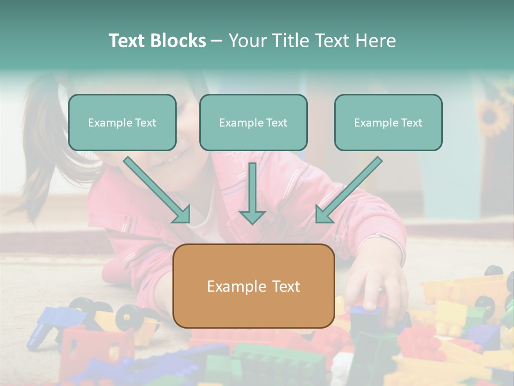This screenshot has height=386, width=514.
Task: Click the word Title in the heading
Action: [x=291, y=41]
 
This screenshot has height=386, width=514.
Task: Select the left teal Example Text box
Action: [x=122, y=123]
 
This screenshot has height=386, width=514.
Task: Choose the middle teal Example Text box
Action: [x=253, y=123]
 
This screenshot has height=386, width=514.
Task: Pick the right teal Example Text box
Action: [x=388, y=123]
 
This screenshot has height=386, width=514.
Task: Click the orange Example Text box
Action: [x=253, y=286]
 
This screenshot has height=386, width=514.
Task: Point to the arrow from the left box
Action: [x=156, y=189]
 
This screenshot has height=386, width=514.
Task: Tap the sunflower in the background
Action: [x=493, y=115]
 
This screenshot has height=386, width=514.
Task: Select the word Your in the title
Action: [x=247, y=41]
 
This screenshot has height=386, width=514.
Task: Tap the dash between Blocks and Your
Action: [x=217, y=41]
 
